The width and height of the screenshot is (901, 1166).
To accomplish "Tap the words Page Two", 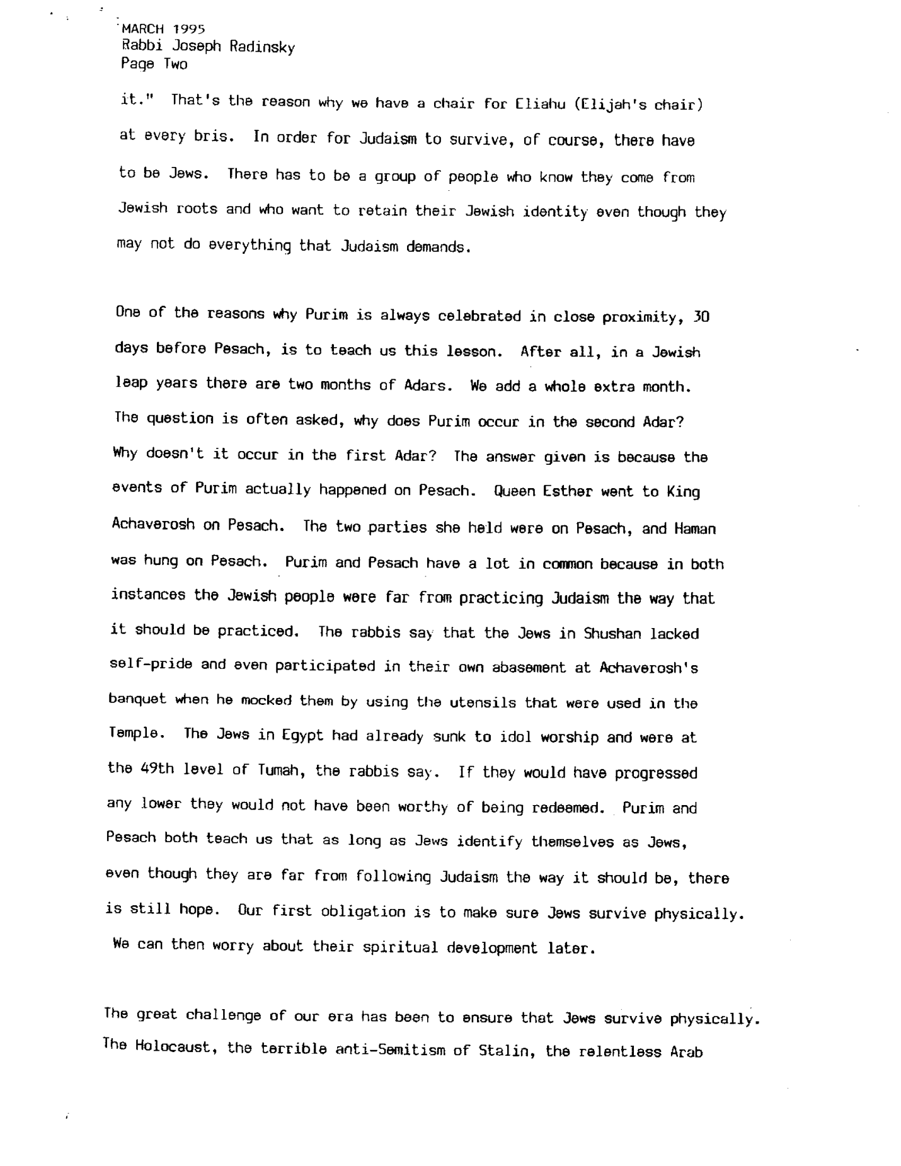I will tap(154, 64).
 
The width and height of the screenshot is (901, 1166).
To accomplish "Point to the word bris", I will tap(214, 137).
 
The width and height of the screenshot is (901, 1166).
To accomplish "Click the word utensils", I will tap(484, 703).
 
